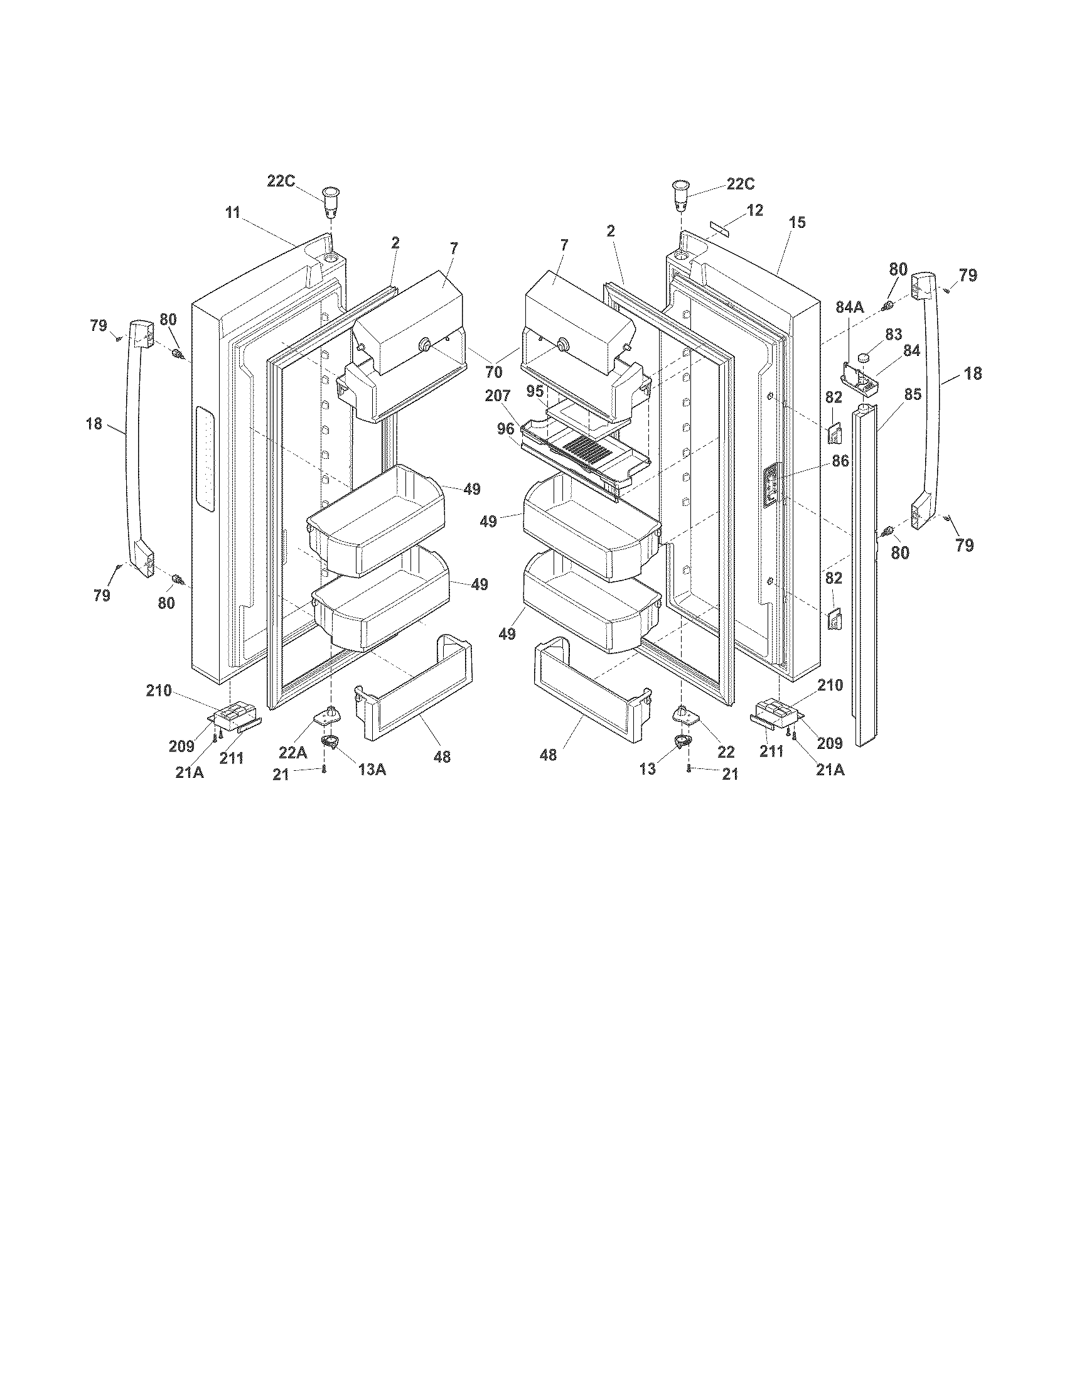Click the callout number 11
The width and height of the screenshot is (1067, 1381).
[x=233, y=212]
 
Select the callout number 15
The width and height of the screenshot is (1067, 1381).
[x=797, y=223]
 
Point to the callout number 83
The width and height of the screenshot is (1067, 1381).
[x=893, y=335]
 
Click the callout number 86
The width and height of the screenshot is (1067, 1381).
[x=840, y=461]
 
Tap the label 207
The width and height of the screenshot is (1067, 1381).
[x=498, y=396]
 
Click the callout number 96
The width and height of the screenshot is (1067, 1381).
[x=505, y=429]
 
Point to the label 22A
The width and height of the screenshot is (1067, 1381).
[x=293, y=752]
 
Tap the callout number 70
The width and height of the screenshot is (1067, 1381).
[x=495, y=372]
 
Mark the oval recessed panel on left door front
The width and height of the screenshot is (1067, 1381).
[x=204, y=458]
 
